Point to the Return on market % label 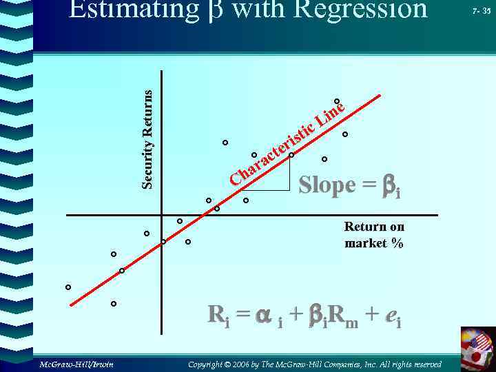coord(374,235)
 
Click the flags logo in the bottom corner coord(477,349)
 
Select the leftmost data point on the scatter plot coord(68,287)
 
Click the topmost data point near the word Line coord(337,102)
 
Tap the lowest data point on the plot coord(114,304)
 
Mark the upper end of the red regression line coord(380,95)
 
